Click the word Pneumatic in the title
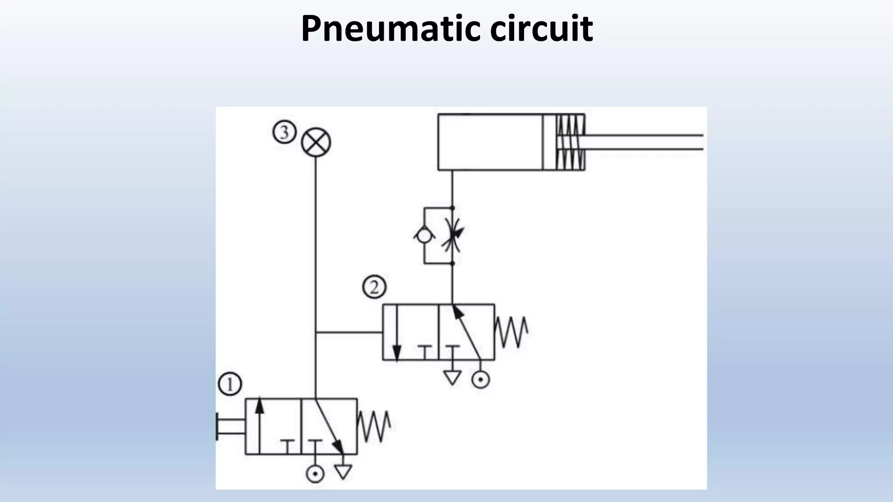[390, 29]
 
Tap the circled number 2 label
[374, 287]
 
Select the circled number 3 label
[285, 132]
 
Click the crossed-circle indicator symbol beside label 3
[316, 142]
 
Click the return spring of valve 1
[374, 426]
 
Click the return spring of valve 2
[511, 332]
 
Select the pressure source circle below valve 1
[315, 473]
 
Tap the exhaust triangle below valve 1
[343, 472]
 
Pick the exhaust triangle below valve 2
[452, 377]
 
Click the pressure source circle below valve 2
[481, 380]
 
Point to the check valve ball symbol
[424, 236]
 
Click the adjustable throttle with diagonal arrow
[452, 236]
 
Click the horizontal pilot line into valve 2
[349, 332]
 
